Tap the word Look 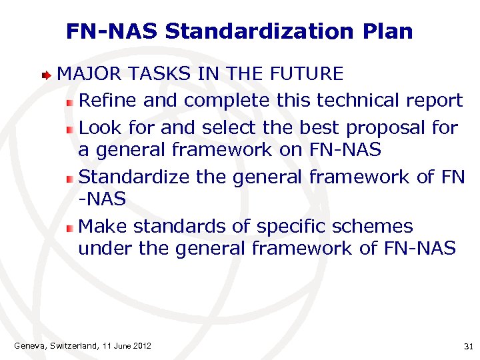pyautogui.click(x=100, y=127)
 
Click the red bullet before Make pyautogui.click(x=69, y=227)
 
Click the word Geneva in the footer pyautogui.click(x=30, y=345)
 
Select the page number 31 pyautogui.click(x=467, y=346)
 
